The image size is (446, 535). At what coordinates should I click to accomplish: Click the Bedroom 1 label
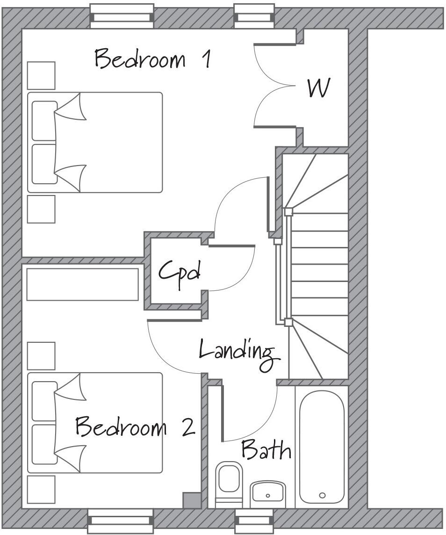152,59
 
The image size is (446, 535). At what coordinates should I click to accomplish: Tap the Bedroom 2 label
135,427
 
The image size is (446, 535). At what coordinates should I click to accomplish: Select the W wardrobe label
319,88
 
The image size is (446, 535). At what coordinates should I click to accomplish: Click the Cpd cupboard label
180,271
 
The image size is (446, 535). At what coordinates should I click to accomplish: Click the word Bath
266,449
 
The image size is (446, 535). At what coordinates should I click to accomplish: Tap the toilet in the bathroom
229,482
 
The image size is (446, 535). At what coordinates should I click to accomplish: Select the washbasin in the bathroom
268,493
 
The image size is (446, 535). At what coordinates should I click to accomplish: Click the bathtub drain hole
322,495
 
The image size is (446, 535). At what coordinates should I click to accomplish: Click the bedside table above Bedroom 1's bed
41,75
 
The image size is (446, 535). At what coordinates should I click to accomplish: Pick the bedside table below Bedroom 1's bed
41,209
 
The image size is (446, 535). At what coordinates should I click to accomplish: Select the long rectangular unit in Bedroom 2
83,284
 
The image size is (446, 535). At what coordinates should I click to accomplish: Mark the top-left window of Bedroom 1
122,14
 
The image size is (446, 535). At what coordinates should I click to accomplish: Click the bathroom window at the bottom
253,520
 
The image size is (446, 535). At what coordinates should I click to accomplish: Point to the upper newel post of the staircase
288,211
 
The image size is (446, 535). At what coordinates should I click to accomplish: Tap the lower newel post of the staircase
288,322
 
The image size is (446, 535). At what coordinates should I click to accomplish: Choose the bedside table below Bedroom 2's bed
41,489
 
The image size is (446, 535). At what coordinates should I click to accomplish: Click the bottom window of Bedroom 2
121,520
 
